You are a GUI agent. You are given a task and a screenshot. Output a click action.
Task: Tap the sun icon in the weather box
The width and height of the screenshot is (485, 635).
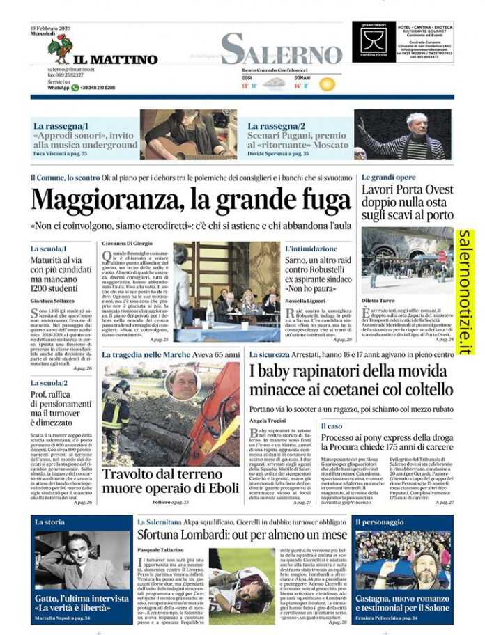coord(327,84)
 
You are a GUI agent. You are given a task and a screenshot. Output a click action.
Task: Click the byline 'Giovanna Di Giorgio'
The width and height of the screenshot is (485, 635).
coord(128,244)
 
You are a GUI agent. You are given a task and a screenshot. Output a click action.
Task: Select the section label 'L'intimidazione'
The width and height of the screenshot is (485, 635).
coord(311,248)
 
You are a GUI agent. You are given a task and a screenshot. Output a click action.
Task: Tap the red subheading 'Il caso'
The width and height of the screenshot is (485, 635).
coord(332,425)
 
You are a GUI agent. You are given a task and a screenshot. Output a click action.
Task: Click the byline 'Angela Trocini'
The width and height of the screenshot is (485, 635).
coord(268,421)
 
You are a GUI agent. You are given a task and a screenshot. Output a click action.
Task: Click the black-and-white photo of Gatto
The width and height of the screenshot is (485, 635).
coord(81,560)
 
